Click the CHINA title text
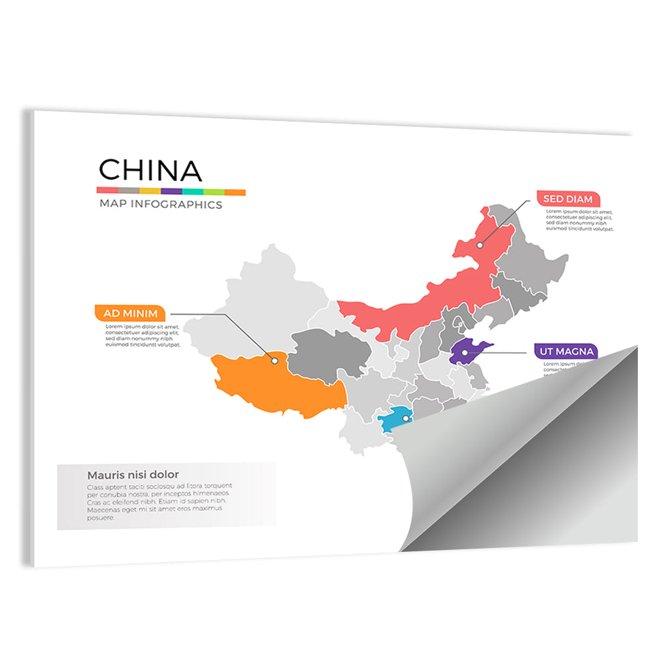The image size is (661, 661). (x=150, y=171)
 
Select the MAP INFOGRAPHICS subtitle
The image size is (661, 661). (x=161, y=204)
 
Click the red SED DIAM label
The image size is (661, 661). (x=568, y=198)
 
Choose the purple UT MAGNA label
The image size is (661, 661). (x=565, y=351)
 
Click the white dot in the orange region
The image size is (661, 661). (x=274, y=360)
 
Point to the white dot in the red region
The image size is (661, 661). (x=481, y=245)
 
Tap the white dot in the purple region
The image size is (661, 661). (x=465, y=353)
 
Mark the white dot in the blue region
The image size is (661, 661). (x=406, y=418)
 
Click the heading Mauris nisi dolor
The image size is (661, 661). (x=133, y=475)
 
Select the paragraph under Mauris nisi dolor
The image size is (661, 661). (x=159, y=502)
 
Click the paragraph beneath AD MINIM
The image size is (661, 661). (x=143, y=335)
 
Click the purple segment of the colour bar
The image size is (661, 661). (x=171, y=191)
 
